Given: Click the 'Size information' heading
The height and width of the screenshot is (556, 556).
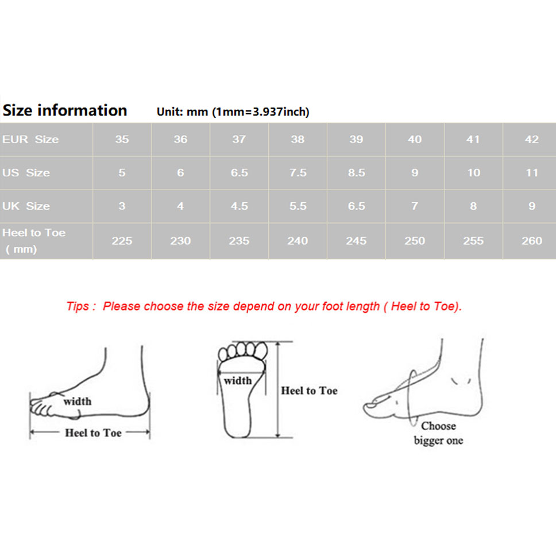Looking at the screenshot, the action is [65, 110].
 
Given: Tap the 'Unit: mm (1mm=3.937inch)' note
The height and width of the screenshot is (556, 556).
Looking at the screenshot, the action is [233, 111].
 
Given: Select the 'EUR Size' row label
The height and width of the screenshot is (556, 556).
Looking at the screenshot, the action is [30, 140].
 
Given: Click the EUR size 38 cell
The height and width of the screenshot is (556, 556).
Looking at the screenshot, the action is [298, 140].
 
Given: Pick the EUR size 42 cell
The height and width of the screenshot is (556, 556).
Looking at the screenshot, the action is [532, 140].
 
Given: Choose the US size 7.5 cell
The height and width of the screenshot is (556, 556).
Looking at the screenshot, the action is [298, 173].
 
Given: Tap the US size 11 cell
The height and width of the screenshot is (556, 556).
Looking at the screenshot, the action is [532, 173].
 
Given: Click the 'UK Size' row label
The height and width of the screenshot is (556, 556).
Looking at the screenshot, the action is [26, 206].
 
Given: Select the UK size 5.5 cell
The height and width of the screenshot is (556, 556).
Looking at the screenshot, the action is [298, 206].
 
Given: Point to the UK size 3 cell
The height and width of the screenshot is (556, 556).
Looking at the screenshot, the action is [122, 206].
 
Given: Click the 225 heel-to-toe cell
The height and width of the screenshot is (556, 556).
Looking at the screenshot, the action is [122, 241].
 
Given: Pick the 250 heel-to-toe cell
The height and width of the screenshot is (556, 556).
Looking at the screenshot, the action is [415, 241].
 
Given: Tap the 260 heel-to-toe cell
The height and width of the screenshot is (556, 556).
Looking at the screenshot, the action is [532, 241].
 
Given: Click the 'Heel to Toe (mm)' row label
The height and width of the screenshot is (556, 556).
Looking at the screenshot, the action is [34, 241].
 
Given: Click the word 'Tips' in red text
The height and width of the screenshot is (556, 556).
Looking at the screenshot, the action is [78, 306].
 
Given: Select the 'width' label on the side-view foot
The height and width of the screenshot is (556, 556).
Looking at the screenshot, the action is [78, 401].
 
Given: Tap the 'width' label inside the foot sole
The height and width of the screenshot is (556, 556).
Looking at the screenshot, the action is [238, 381].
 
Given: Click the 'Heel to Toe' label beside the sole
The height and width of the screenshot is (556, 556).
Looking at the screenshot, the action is [309, 391].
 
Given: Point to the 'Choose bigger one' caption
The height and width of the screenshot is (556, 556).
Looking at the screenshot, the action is [439, 433].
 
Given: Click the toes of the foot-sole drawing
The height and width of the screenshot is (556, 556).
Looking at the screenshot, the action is [243, 350].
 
